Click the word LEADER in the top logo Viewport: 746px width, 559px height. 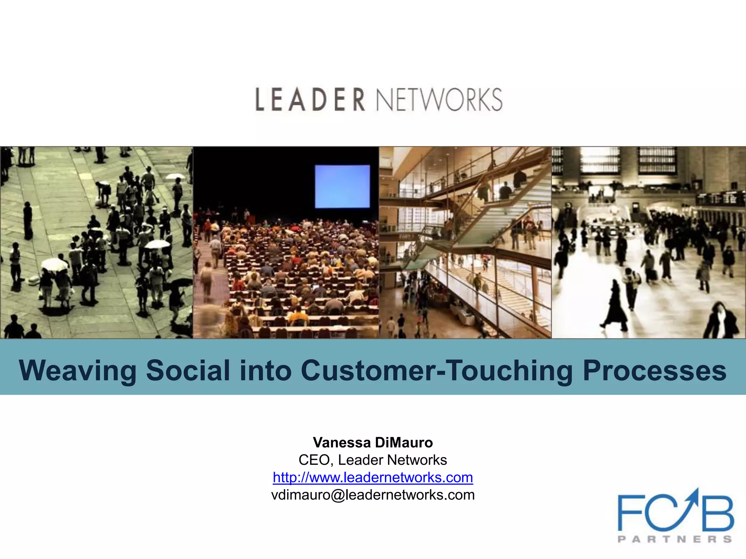tap(310, 99)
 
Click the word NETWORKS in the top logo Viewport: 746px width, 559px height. tap(439, 99)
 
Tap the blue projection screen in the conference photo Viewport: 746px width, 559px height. tap(342, 186)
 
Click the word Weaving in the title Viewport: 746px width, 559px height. tap(78, 370)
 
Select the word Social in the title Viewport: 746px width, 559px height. tap(188, 370)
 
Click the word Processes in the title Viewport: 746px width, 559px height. tap(655, 370)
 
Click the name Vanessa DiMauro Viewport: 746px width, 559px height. tap(373, 443)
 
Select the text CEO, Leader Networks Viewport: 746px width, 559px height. tap(373, 460)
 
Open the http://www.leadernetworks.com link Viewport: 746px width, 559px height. tap(373, 477)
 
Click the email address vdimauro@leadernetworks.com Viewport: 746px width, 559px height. tap(373, 495)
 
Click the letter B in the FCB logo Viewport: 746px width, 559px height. tap(718, 513)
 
